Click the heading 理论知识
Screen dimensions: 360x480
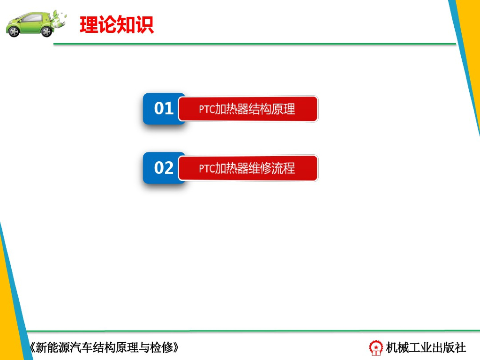coord(117,25)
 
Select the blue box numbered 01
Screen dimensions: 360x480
coord(164,109)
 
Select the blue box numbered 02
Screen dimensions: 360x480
coord(164,168)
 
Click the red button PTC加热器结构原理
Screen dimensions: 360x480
coord(248,109)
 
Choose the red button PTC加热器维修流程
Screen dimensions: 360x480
coord(248,168)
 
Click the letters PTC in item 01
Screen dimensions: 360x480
coord(206,110)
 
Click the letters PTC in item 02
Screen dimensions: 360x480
coord(206,169)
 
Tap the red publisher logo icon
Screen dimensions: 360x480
coord(375,347)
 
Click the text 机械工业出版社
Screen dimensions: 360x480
coord(426,347)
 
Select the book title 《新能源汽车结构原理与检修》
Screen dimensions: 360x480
coord(104,347)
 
